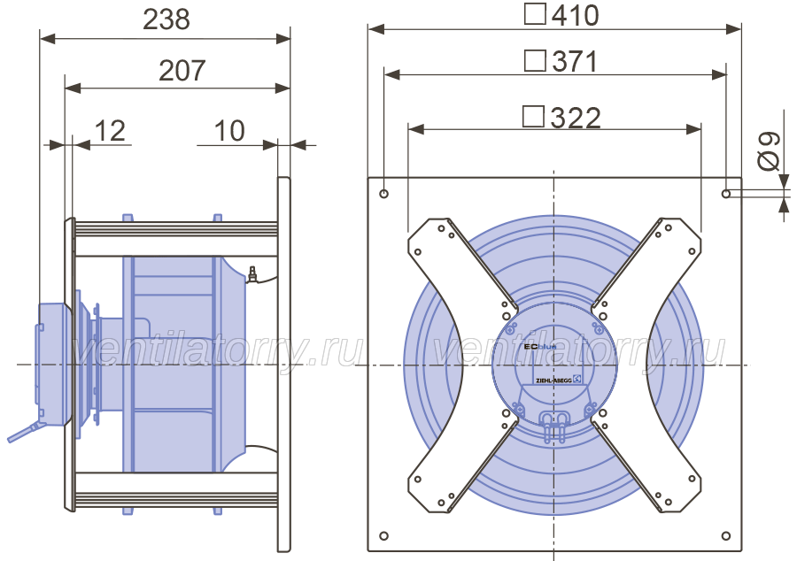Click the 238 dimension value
(x=166, y=19)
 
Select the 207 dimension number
(x=182, y=70)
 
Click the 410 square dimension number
(x=576, y=15)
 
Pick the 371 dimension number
(x=576, y=61)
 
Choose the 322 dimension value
(x=576, y=118)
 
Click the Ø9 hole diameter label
(x=768, y=150)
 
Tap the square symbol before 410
(x=535, y=14)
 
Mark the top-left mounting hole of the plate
(x=383, y=194)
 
